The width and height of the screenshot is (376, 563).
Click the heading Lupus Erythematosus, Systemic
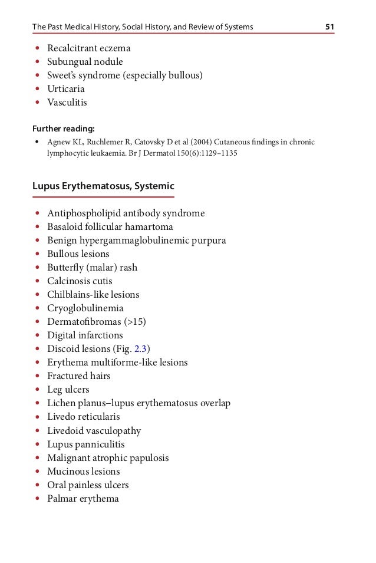tap(103, 186)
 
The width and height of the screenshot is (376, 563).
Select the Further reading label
tap(63, 129)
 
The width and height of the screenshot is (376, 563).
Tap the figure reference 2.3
tap(140, 349)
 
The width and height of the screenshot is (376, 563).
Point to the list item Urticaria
tap(66, 89)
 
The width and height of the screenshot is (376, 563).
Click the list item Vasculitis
tap(67, 103)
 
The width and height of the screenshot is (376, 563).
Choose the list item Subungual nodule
tap(85, 62)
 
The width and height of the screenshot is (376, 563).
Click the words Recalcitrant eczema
tap(88, 48)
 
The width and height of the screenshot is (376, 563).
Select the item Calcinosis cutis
tap(80, 281)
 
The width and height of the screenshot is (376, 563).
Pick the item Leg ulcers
tap(68, 390)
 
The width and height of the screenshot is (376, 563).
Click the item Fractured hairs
tap(79, 376)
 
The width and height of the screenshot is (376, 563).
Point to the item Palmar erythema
tap(83, 499)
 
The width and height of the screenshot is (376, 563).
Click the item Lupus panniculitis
tap(86, 445)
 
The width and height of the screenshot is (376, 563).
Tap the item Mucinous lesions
tap(84, 472)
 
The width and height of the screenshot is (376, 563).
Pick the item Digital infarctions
tap(85, 335)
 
